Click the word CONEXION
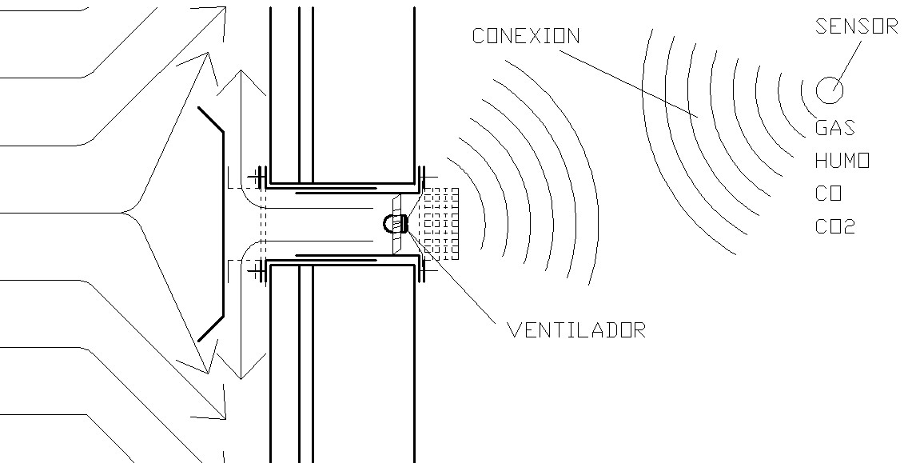pyautogui.click(x=525, y=36)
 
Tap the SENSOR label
pyautogui.click(x=856, y=26)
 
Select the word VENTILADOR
pyautogui.click(x=575, y=329)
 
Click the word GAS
pyautogui.click(x=834, y=127)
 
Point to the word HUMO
pyautogui.click(x=842, y=161)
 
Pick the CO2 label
pyautogui.click(x=835, y=227)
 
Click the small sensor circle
pyautogui.click(x=829, y=89)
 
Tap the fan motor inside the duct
pyautogui.click(x=396, y=224)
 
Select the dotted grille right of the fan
pyautogui.click(x=440, y=224)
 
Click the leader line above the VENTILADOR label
pyautogui.click(x=456, y=276)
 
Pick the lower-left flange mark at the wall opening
pyautogui.click(x=258, y=270)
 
